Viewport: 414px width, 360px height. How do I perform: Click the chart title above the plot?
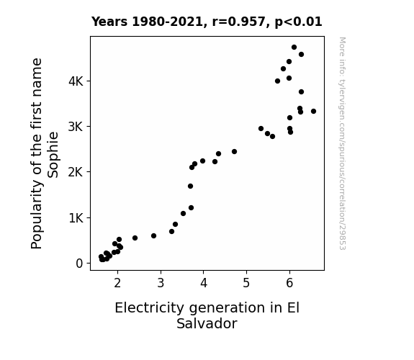[207, 22]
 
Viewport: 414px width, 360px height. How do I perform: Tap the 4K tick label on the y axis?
[76, 81]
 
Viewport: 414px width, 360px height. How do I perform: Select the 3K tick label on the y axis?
[76, 127]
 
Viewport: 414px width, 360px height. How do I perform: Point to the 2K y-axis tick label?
[76, 173]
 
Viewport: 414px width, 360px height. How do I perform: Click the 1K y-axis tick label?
[76, 218]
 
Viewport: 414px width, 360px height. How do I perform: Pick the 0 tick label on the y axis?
[79, 264]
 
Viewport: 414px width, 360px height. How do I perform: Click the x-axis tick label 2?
[117, 283]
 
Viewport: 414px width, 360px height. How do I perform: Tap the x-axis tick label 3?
[161, 283]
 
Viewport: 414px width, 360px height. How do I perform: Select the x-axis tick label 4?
[204, 283]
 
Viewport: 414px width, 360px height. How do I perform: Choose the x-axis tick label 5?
[246, 283]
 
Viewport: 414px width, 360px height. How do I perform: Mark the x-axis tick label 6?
[289, 283]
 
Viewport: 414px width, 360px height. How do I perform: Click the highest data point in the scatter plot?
[294, 48]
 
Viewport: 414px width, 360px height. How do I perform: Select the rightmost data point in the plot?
[313, 111]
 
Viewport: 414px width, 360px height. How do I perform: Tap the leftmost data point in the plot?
[101, 257]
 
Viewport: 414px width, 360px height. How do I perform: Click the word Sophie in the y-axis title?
[53, 155]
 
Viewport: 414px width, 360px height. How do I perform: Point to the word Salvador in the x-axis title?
[207, 323]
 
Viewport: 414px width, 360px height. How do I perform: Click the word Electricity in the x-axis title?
[150, 308]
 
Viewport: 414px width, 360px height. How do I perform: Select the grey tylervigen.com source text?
[342, 143]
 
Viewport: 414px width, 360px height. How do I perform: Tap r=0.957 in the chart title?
[238, 22]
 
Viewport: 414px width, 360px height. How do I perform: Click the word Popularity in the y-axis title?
[37, 214]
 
